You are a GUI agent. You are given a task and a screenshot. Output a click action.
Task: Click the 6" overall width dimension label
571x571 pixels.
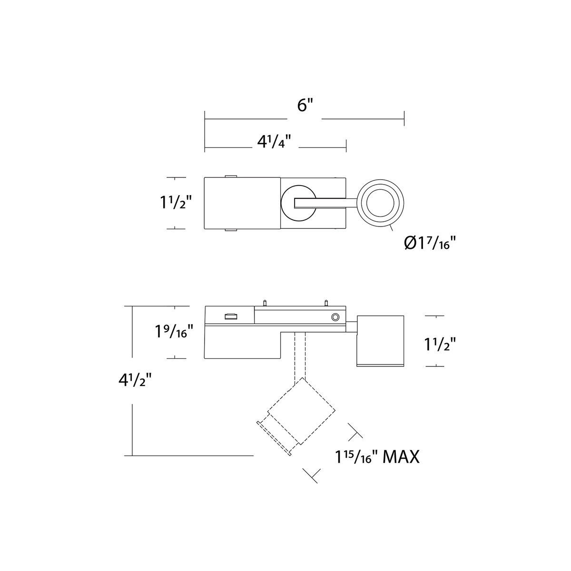click(305, 106)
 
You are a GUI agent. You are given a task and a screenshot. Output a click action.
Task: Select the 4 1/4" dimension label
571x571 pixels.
click(274, 142)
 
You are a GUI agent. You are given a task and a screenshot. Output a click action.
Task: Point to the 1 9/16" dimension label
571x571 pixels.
click(174, 331)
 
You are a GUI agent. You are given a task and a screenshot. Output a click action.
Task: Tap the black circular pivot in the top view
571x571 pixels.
click(298, 203)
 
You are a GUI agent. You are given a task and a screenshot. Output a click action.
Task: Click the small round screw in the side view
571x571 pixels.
click(335, 317)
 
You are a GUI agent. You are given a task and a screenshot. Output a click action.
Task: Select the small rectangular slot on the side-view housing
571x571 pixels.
click(231, 316)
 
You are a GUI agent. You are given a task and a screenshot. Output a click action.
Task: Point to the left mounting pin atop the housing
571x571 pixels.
click(264, 303)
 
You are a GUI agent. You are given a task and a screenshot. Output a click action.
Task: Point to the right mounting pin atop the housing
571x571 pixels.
click(326, 303)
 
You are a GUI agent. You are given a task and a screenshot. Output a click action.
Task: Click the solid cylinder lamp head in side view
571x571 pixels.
click(380, 341)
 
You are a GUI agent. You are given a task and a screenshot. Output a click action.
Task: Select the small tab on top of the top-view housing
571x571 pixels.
click(230, 176)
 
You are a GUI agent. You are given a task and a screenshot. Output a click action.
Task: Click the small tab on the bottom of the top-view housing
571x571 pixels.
click(230, 230)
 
